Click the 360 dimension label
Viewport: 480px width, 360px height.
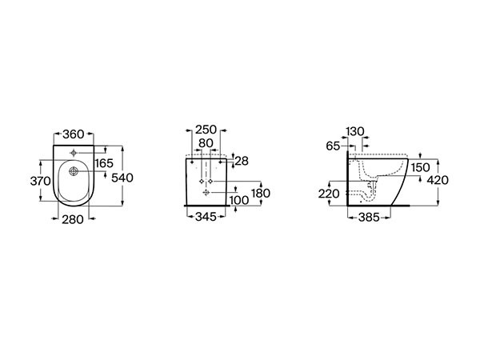73,134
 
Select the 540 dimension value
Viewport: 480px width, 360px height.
122,178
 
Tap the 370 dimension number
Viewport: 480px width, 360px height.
41,182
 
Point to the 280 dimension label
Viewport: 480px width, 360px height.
73,219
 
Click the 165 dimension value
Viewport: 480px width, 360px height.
104,163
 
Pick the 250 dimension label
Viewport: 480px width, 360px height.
206,130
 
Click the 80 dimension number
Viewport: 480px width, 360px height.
206,143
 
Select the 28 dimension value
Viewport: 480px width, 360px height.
242,161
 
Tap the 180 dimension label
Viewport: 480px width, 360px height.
261,193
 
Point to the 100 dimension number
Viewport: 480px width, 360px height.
239,201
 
